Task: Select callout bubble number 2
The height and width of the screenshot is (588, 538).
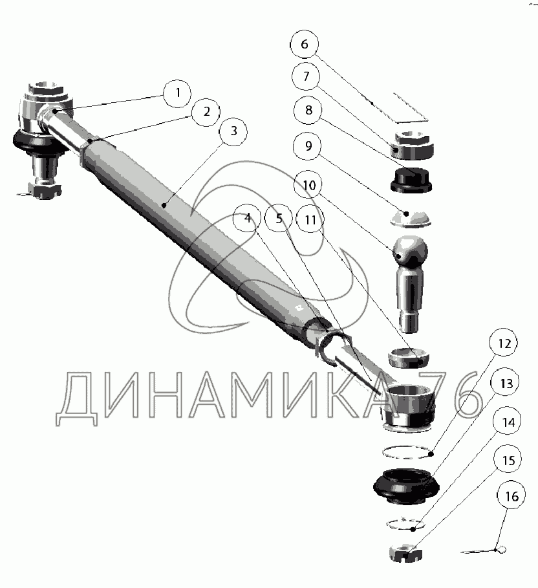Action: (206, 112)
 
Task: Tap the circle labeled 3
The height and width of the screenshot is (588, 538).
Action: (233, 132)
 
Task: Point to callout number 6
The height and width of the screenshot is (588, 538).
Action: (305, 45)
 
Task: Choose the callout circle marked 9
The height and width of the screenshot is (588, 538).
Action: (308, 146)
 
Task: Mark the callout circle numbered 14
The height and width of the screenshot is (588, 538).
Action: (509, 423)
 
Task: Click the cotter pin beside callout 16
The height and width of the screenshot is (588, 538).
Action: (484, 550)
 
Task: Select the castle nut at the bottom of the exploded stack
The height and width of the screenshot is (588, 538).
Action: (405, 552)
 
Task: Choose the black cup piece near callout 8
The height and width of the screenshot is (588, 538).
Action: (411, 179)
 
